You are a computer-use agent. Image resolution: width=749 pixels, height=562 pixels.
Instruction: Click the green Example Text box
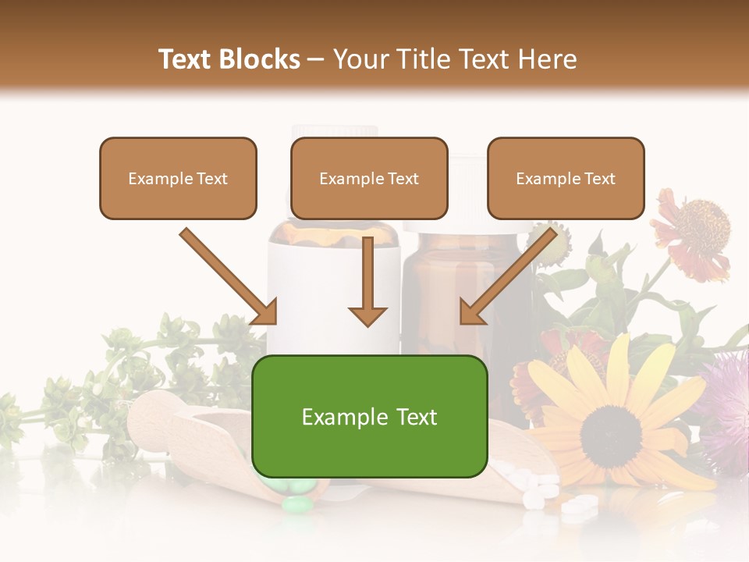370,416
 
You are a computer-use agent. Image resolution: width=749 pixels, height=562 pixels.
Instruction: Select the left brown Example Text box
178,178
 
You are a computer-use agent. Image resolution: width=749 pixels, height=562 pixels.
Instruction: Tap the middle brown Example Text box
369,178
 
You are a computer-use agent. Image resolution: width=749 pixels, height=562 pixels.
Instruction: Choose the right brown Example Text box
566,178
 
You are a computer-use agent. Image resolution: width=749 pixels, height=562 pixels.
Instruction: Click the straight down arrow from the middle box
367,281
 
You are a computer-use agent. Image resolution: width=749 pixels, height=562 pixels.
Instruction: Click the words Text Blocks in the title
229,59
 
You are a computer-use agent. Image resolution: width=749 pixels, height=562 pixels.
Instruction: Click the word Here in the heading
548,59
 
